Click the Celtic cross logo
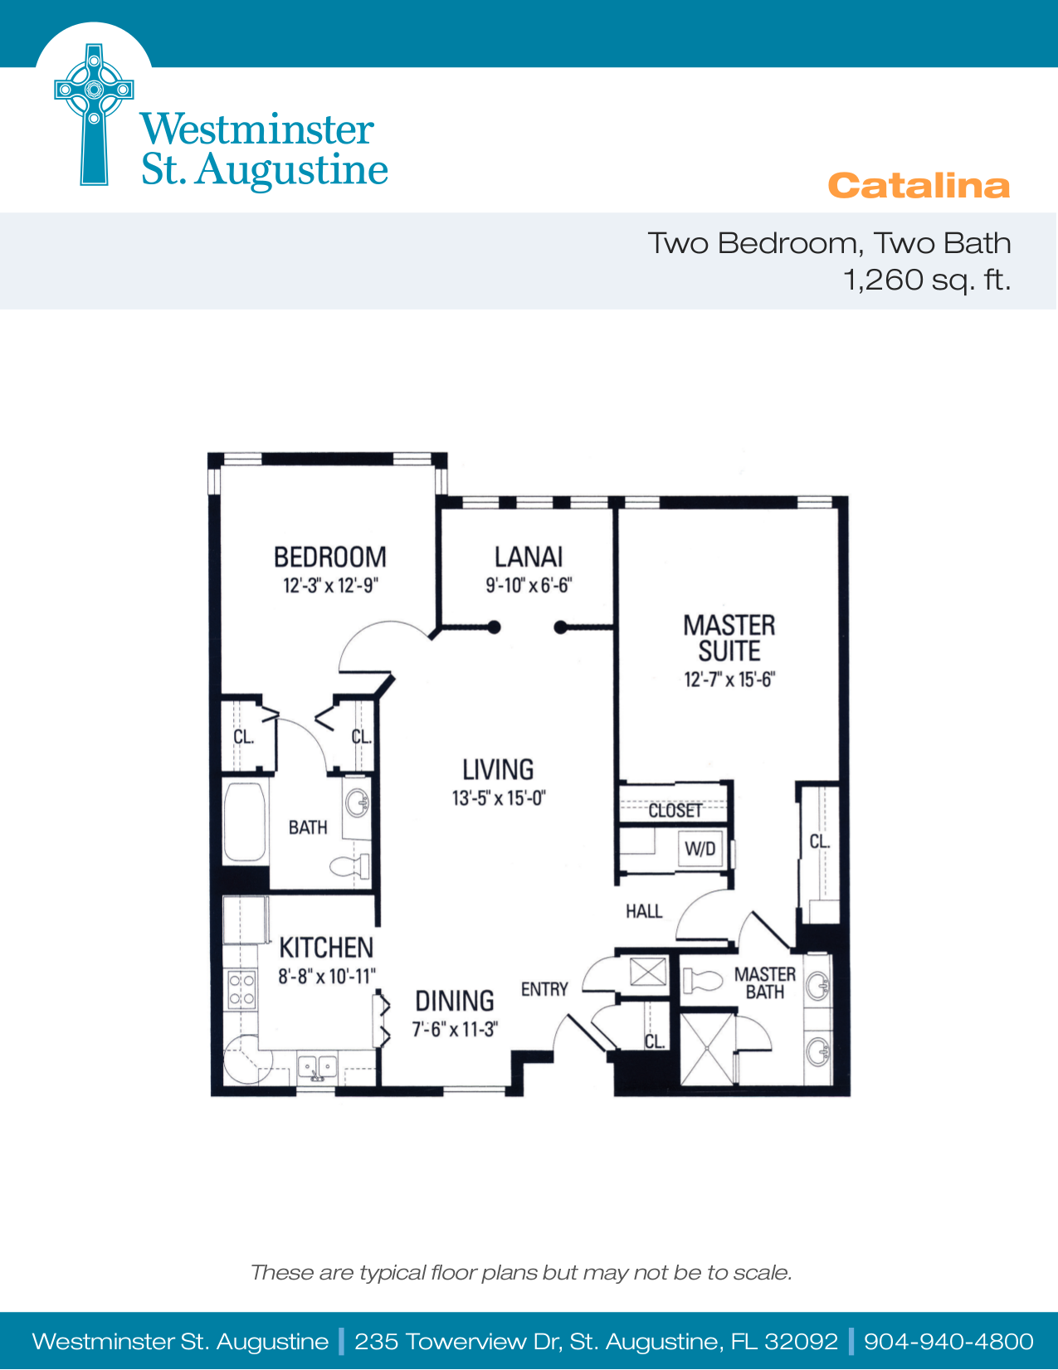coord(94,115)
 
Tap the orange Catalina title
coord(919,186)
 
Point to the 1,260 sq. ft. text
coord(927,280)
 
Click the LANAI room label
coord(529,557)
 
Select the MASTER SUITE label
coord(729,638)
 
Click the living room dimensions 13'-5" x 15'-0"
coord(499,798)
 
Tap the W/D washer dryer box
coord(700,849)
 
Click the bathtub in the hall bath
coord(244,822)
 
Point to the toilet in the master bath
coord(703,981)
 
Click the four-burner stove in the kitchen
coord(241,989)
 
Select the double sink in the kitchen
coord(317,1068)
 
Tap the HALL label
coord(644,911)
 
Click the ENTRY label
coord(544,989)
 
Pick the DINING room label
coord(455,1002)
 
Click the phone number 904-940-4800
coord(948,1341)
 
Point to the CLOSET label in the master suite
coord(675,811)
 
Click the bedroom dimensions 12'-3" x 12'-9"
coord(330,586)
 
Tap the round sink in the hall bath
coord(358,802)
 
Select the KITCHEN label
coord(326,948)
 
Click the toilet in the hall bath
coord(349,866)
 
